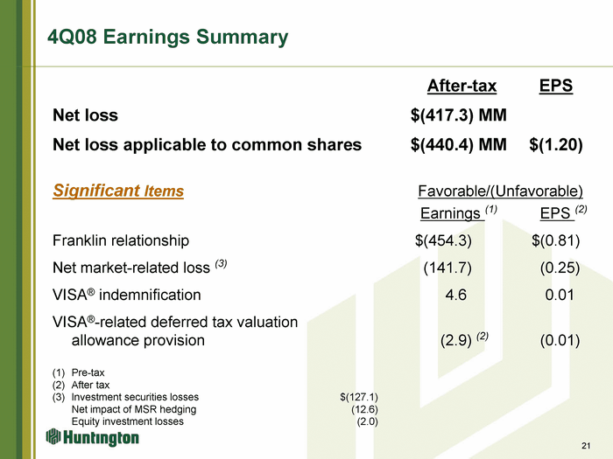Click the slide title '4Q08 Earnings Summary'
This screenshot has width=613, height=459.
click(x=168, y=38)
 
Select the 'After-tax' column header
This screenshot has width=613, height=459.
click(x=462, y=86)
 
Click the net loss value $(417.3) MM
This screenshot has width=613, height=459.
click(x=459, y=115)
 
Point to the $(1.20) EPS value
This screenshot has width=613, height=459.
click(x=556, y=145)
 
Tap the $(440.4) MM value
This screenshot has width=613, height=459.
click(x=459, y=145)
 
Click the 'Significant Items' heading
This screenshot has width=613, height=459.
click(x=118, y=191)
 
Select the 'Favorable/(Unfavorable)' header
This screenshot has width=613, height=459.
click(x=500, y=191)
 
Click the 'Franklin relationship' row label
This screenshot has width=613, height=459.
click(x=121, y=240)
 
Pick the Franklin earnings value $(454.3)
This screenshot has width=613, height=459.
click(x=443, y=240)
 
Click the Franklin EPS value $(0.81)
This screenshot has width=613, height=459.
click(x=555, y=240)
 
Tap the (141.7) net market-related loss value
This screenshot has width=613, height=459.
click(x=447, y=268)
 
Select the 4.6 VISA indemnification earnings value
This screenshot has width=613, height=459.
click(x=456, y=295)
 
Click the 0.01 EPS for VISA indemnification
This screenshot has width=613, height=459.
click(x=560, y=295)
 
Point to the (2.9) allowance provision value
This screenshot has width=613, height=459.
click(x=456, y=341)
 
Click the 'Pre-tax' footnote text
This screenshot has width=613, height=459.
click(x=88, y=372)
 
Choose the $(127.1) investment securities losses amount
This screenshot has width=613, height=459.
click(x=359, y=397)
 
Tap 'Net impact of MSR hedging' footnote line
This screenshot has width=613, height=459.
click(x=134, y=409)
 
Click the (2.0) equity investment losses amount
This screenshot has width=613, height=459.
click(x=368, y=421)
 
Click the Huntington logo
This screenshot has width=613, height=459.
click(x=92, y=437)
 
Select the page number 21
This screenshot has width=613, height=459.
click(x=586, y=446)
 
